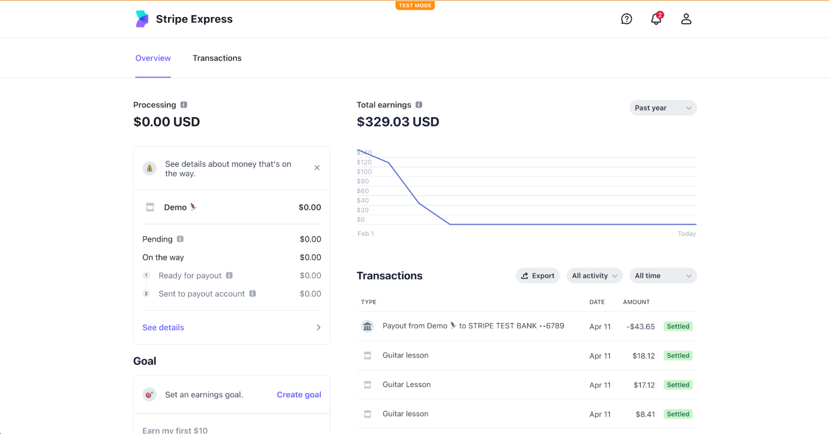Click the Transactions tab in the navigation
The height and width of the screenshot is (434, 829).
coord(217,58)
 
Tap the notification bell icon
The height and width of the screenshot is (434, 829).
coord(656,19)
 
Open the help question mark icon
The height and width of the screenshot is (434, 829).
coord(626,19)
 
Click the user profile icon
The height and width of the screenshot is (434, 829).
coord(686,19)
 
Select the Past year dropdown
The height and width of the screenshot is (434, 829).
coord(663,108)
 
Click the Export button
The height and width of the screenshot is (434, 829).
coord(538,276)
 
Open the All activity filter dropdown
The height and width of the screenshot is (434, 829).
coord(594,276)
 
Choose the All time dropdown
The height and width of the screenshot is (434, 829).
coord(663,276)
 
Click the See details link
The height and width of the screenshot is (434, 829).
coord(163,328)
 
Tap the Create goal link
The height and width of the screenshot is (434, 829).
coord(299,395)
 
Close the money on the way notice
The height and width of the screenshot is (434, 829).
coord(317,168)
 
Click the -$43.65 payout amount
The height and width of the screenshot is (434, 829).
coord(640,327)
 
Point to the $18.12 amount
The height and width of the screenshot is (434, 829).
coord(643,356)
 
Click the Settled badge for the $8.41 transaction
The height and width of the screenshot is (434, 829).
coord(678,414)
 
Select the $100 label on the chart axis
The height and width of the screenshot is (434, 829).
coord(364,172)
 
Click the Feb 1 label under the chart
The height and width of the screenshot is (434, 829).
coord(365,234)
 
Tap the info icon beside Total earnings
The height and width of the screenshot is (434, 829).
coord(419,105)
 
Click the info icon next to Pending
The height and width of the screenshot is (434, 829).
coord(180,239)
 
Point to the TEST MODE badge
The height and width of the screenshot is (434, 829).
coord(415,5)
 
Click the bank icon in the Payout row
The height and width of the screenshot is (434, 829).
coord(367,326)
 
